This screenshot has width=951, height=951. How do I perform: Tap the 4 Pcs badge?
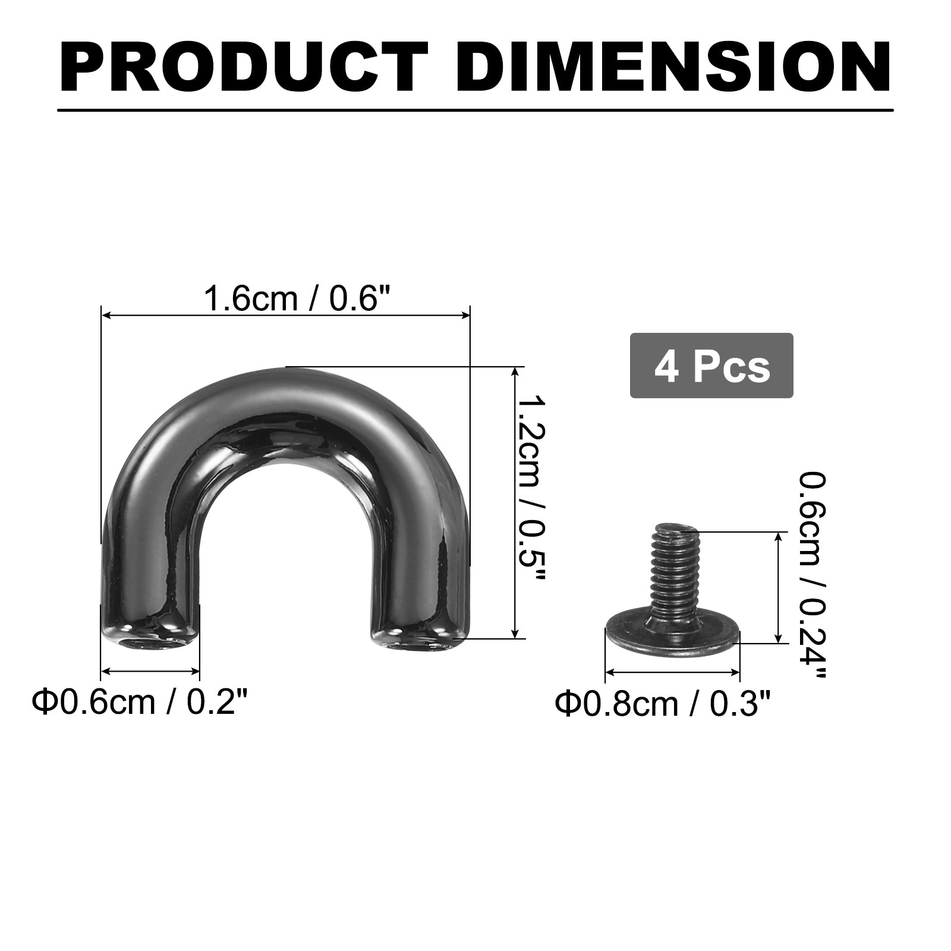pos(711,366)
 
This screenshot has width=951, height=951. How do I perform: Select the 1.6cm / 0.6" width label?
pos(299,298)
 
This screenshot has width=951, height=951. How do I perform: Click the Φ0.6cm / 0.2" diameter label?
pos(138,702)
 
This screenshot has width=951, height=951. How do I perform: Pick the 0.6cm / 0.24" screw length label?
pos(812,575)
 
